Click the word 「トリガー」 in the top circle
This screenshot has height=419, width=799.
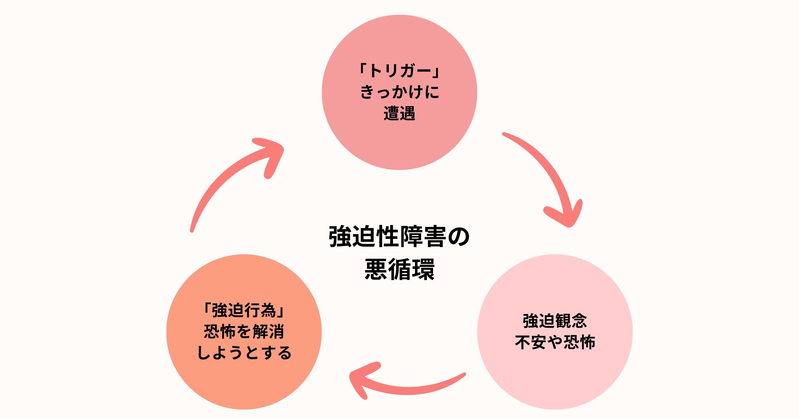coord(399,71)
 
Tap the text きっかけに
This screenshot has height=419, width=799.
coord(399,92)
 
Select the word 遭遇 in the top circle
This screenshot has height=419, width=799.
coord(399,113)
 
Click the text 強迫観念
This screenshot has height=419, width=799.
coord(555,321)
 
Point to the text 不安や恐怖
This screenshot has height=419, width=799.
coord(555,342)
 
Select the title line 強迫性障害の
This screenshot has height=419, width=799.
coord(399,237)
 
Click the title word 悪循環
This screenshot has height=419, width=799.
coord(399,269)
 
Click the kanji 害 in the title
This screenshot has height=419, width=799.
coord(435,237)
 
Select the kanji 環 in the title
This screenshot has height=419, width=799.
coord(423,269)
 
